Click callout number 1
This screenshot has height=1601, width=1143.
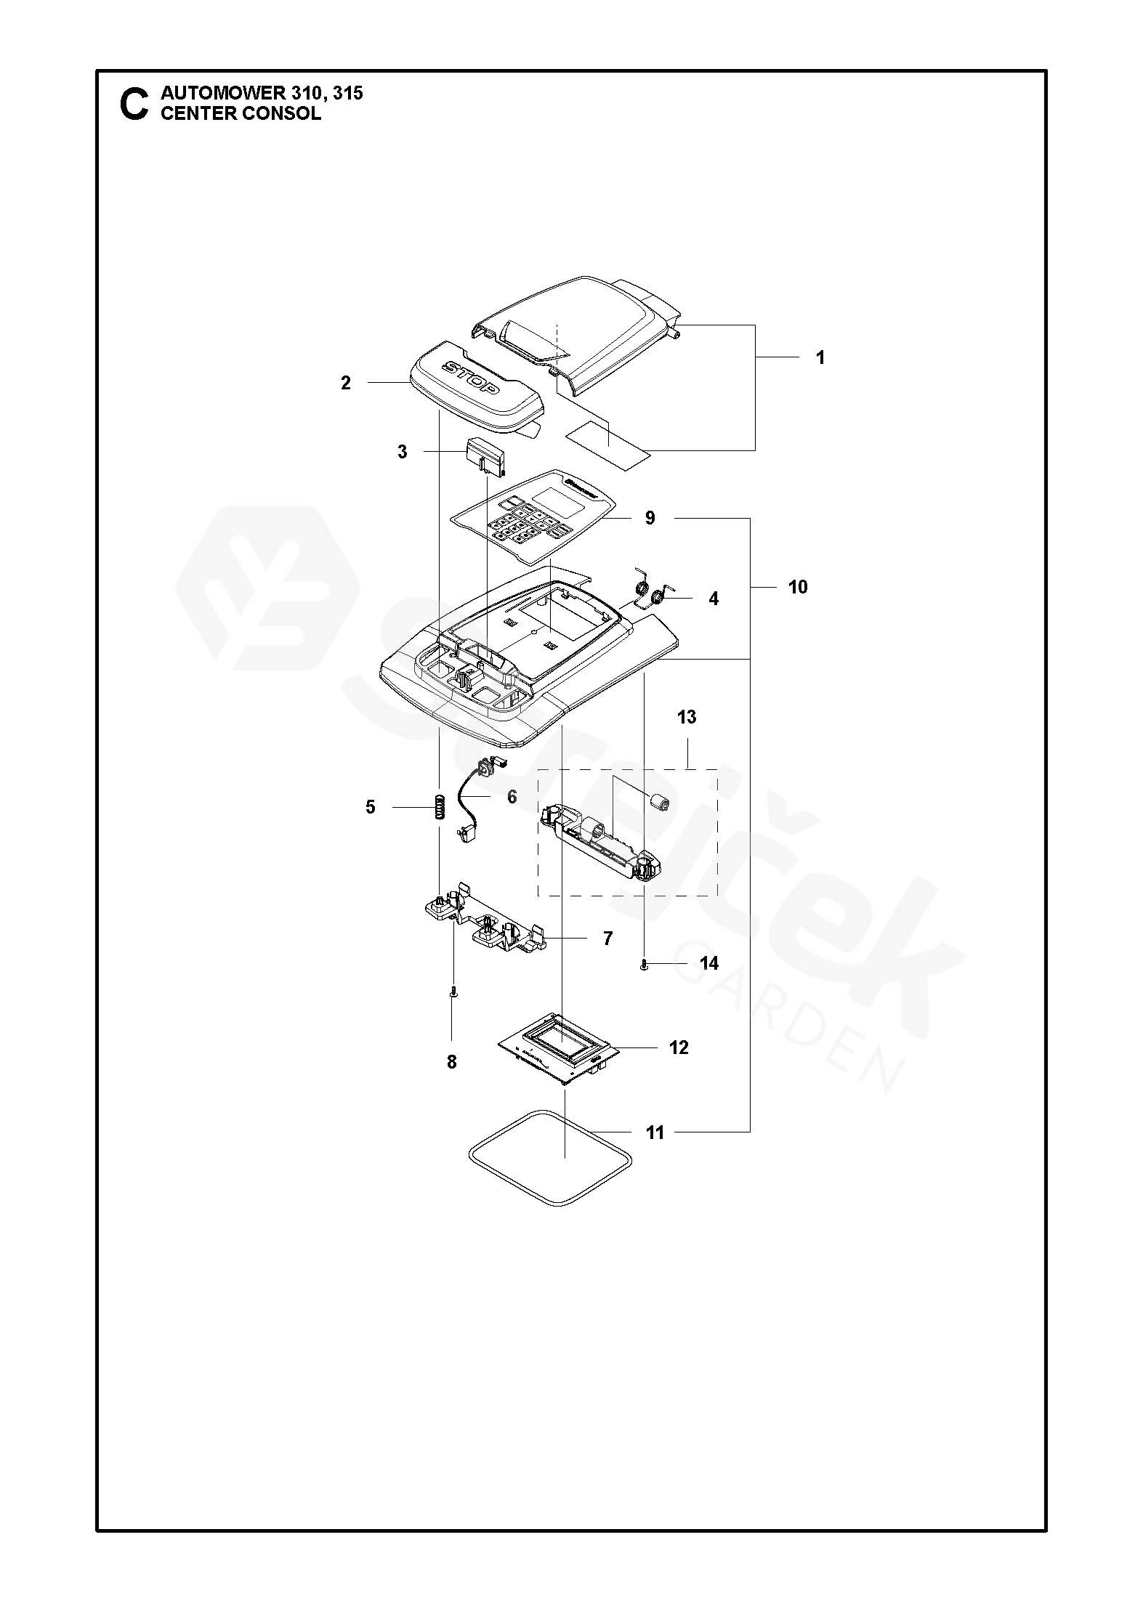[x=820, y=358]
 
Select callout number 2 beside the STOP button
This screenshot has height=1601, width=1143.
[x=346, y=383]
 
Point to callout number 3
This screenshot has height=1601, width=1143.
[x=402, y=452]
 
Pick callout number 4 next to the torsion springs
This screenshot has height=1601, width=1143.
[x=714, y=599]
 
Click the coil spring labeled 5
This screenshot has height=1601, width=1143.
[x=440, y=807]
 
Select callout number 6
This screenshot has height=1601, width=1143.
[x=512, y=797]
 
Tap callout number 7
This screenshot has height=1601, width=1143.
[x=607, y=939]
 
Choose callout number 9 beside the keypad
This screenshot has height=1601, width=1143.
[x=650, y=518]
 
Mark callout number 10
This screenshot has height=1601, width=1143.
[x=798, y=587]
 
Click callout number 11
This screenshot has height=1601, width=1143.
[x=655, y=1132]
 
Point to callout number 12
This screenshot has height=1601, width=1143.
[x=679, y=1047]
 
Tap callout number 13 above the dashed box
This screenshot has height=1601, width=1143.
[x=686, y=717]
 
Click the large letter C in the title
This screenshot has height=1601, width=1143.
[x=134, y=104]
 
